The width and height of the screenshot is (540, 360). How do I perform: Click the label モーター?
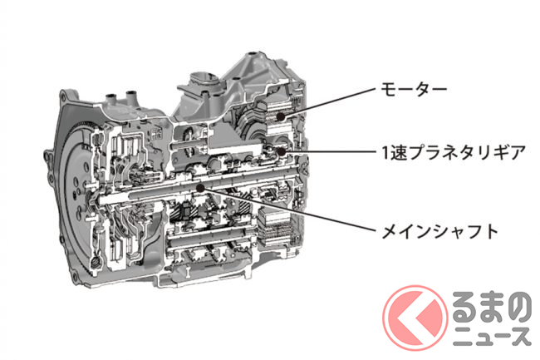click(413, 88)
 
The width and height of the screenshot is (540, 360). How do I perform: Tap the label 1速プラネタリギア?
click(454, 152)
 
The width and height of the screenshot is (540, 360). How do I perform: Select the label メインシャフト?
click(439, 231)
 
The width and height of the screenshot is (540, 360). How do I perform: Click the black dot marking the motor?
click(281, 116)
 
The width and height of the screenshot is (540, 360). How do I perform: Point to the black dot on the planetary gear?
click(281, 151)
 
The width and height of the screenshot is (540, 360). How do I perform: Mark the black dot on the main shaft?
click(200, 187)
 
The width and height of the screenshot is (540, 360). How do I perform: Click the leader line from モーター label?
click(327, 102)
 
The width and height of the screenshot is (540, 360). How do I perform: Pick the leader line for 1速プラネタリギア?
click(328, 151)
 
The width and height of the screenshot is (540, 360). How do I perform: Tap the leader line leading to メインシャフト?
click(287, 209)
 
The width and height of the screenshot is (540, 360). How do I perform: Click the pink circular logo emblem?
click(415, 318)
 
